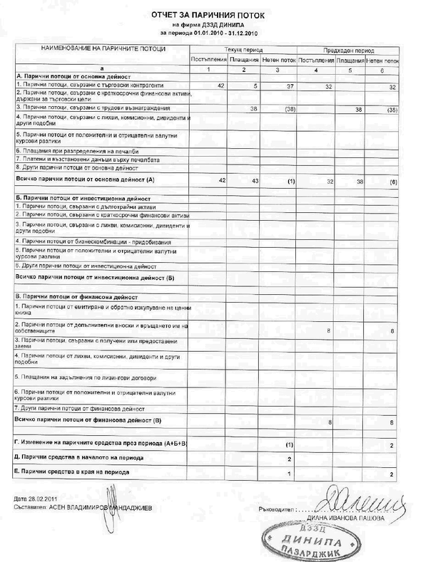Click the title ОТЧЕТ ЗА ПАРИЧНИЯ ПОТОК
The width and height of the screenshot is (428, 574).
click(212, 14)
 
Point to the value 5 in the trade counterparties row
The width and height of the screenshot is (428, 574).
click(254, 85)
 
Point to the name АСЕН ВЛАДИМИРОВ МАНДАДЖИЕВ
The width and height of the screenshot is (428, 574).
click(102, 508)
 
